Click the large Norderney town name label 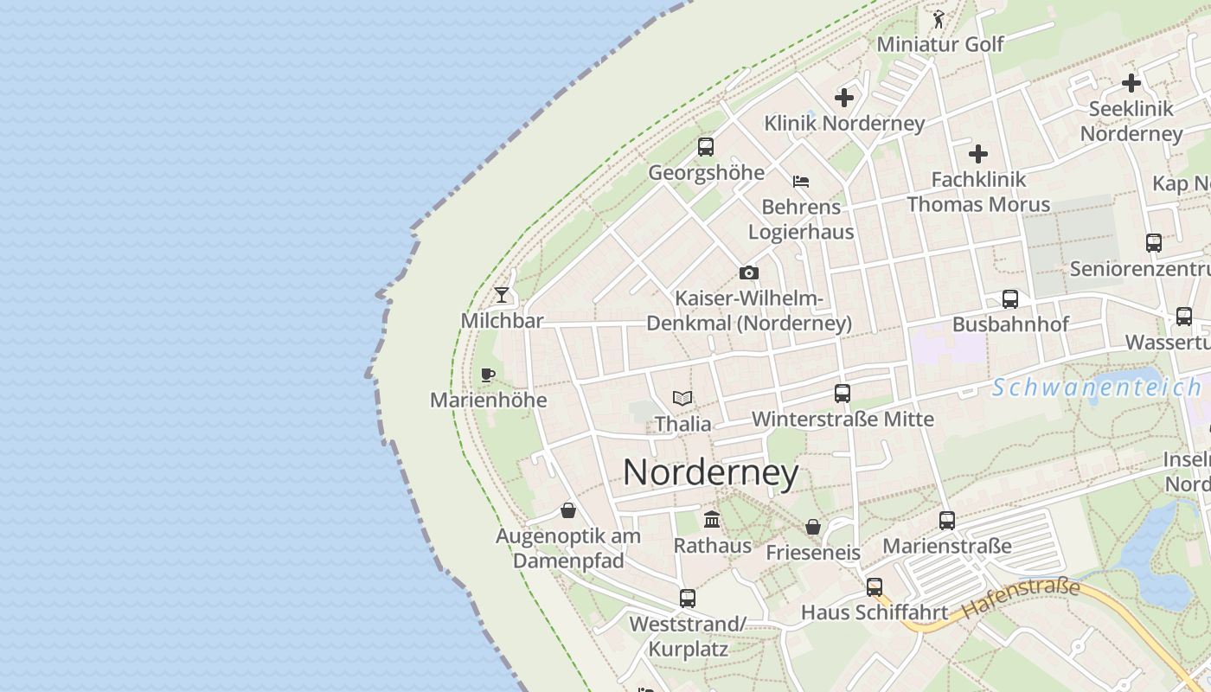pyautogui.click(x=710, y=472)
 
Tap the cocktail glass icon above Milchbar pyautogui.click(x=502, y=294)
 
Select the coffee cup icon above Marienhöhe pyautogui.click(x=488, y=375)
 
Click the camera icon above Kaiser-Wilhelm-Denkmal pyautogui.click(x=749, y=272)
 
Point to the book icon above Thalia pyautogui.click(x=682, y=398)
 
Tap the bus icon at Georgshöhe pyautogui.click(x=706, y=146)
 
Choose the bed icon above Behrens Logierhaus pyautogui.click(x=801, y=182)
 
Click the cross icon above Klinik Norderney pyautogui.click(x=844, y=98)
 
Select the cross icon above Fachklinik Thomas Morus pyautogui.click(x=978, y=154)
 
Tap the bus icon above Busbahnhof pyautogui.click(x=1009, y=298)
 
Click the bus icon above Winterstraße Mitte pyautogui.click(x=843, y=394)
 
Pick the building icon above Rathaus pyautogui.click(x=712, y=519)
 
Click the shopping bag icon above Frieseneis pyautogui.click(x=813, y=526)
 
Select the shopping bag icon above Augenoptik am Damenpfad pyautogui.click(x=568, y=510)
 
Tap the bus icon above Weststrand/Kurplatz pyautogui.click(x=688, y=598)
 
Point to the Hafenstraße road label pyautogui.click(x=1021, y=598)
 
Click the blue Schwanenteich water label pyautogui.click(x=1096, y=388)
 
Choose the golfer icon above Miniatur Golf pyautogui.click(x=939, y=18)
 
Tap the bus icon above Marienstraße pyautogui.click(x=947, y=520)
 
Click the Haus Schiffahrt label pyautogui.click(x=875, y=612)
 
